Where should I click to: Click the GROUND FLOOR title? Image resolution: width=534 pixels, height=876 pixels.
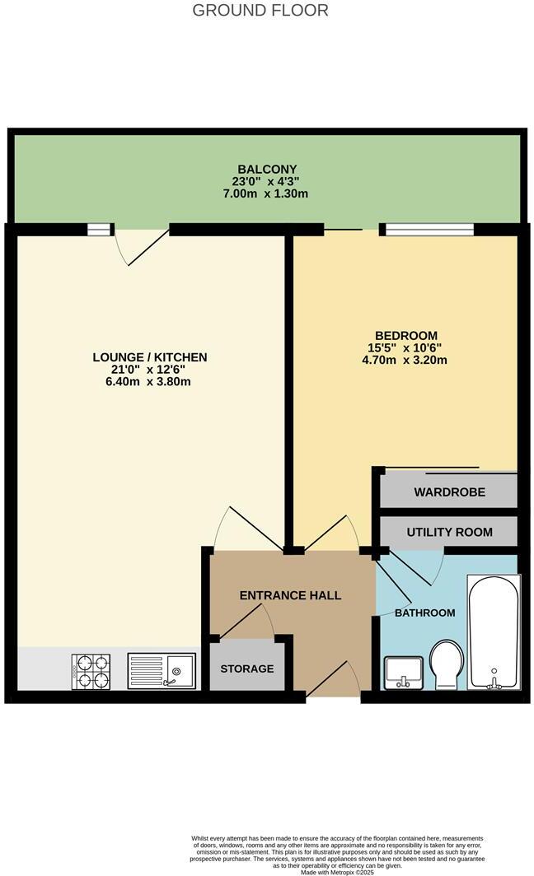click(x=260, y=11)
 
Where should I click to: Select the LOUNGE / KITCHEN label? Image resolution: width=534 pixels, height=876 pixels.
click(x=149, y=357)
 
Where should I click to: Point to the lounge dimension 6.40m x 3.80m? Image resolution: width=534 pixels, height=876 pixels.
click(x=149, y=382)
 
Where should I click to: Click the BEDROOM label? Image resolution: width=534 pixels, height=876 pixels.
click(x=405, y=335)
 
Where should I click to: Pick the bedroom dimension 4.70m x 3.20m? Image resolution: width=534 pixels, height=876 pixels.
click(x=405, y=360)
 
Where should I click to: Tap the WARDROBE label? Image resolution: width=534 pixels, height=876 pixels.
click(x=449, y=492)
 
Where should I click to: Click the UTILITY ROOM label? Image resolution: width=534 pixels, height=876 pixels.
click(x=449, y=533)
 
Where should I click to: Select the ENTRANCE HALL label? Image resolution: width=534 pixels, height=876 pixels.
click(x=290, y=595)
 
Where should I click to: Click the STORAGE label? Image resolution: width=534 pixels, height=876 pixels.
click(x=246, y=669)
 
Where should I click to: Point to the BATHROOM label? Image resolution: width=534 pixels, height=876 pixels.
click(x=424, y=613)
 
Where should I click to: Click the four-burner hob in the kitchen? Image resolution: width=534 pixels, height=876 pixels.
click(x=92, y=671)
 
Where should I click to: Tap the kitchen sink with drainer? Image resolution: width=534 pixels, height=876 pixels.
click(x=162, y=671)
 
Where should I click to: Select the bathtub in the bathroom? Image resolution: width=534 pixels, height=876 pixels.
click(x=493, y=632)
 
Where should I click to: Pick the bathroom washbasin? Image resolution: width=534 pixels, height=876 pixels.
click(x=403, y=671)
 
